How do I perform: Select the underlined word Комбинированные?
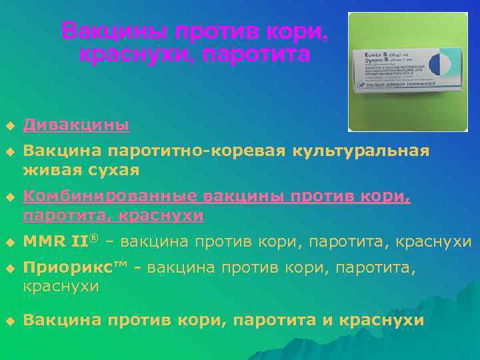(x=110, y=197)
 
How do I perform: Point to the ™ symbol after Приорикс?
(x=121, y=265)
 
